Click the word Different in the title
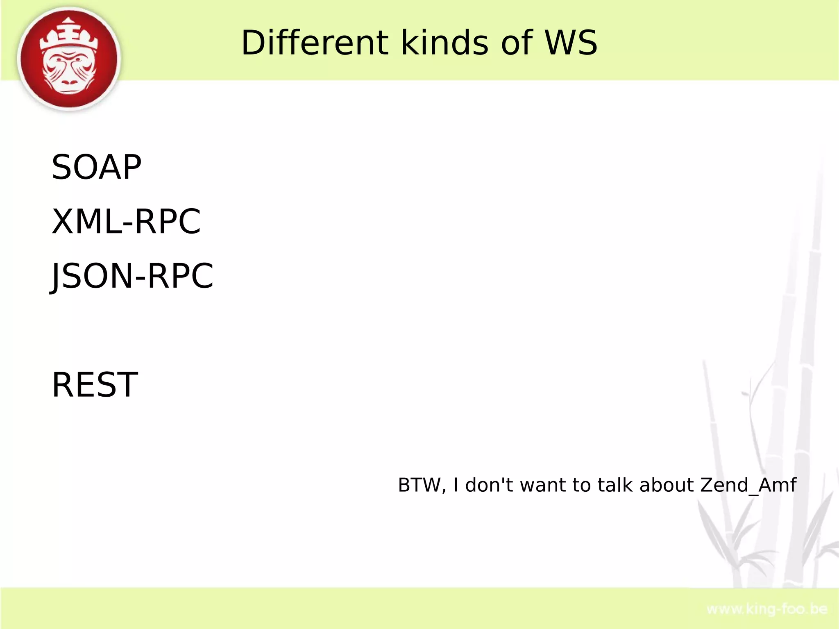314,43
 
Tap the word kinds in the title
444,43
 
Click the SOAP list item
96,167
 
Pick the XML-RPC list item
126,221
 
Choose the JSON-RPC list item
132,276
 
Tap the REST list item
95,385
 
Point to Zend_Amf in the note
748,486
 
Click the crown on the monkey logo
69,36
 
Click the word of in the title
517,43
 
